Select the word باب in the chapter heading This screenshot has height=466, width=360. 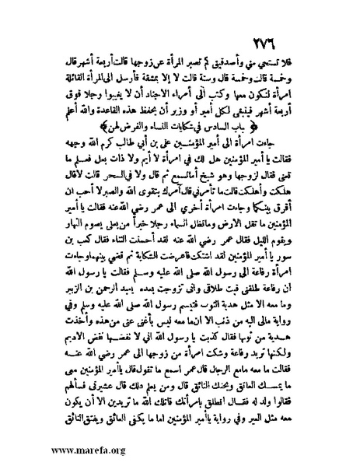(x=258, y=122)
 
